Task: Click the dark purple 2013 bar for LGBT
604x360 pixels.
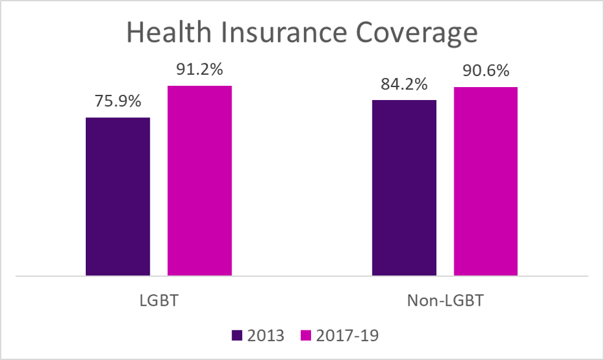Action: pyautogui.click(x=118, y=197)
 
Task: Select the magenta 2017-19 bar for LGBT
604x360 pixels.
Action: pyautogui.click(x=200, y=181)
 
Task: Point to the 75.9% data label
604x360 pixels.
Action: pyautogui.click(x=118, y=102)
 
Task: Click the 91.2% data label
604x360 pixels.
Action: pyautogui.click(x=200, y=70)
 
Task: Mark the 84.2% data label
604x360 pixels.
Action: pyautogui.click(x=404, y=85)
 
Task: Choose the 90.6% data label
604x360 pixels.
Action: pyautogui.click(x=486, y=72)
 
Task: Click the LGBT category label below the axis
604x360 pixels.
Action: pyautogui.click(x=159, y=301)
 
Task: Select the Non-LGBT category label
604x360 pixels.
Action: pyautogui.click(x=445, y=301)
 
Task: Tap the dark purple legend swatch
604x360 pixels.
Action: pyautogui.click(x=237, y=335)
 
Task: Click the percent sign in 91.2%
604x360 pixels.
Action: pyautogui.click(x=223, y=70)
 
